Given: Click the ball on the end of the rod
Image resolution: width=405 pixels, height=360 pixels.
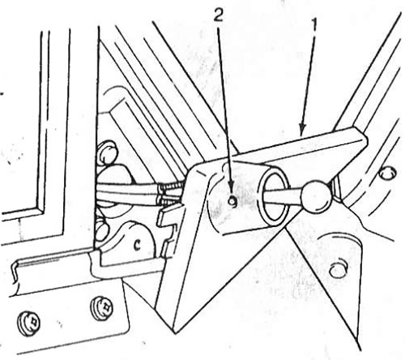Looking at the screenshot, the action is pos(316,196).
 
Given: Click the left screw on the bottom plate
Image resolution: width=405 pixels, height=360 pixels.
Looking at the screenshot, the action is pos(29,324).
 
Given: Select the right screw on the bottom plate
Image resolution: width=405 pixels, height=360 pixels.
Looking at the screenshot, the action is pos(102,308).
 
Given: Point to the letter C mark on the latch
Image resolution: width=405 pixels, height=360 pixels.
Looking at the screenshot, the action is pos(139,244).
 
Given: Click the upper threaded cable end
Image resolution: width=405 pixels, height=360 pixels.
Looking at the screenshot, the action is pos(171,187).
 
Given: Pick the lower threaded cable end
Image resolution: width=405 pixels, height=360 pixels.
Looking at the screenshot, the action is pos(171,200).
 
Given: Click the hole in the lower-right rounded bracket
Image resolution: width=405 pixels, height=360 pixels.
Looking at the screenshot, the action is pos(337,269).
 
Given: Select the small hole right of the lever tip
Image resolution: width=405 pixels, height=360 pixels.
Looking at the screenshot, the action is pos(387,172).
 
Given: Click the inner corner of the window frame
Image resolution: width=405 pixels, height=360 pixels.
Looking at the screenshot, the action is pos(42,209).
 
